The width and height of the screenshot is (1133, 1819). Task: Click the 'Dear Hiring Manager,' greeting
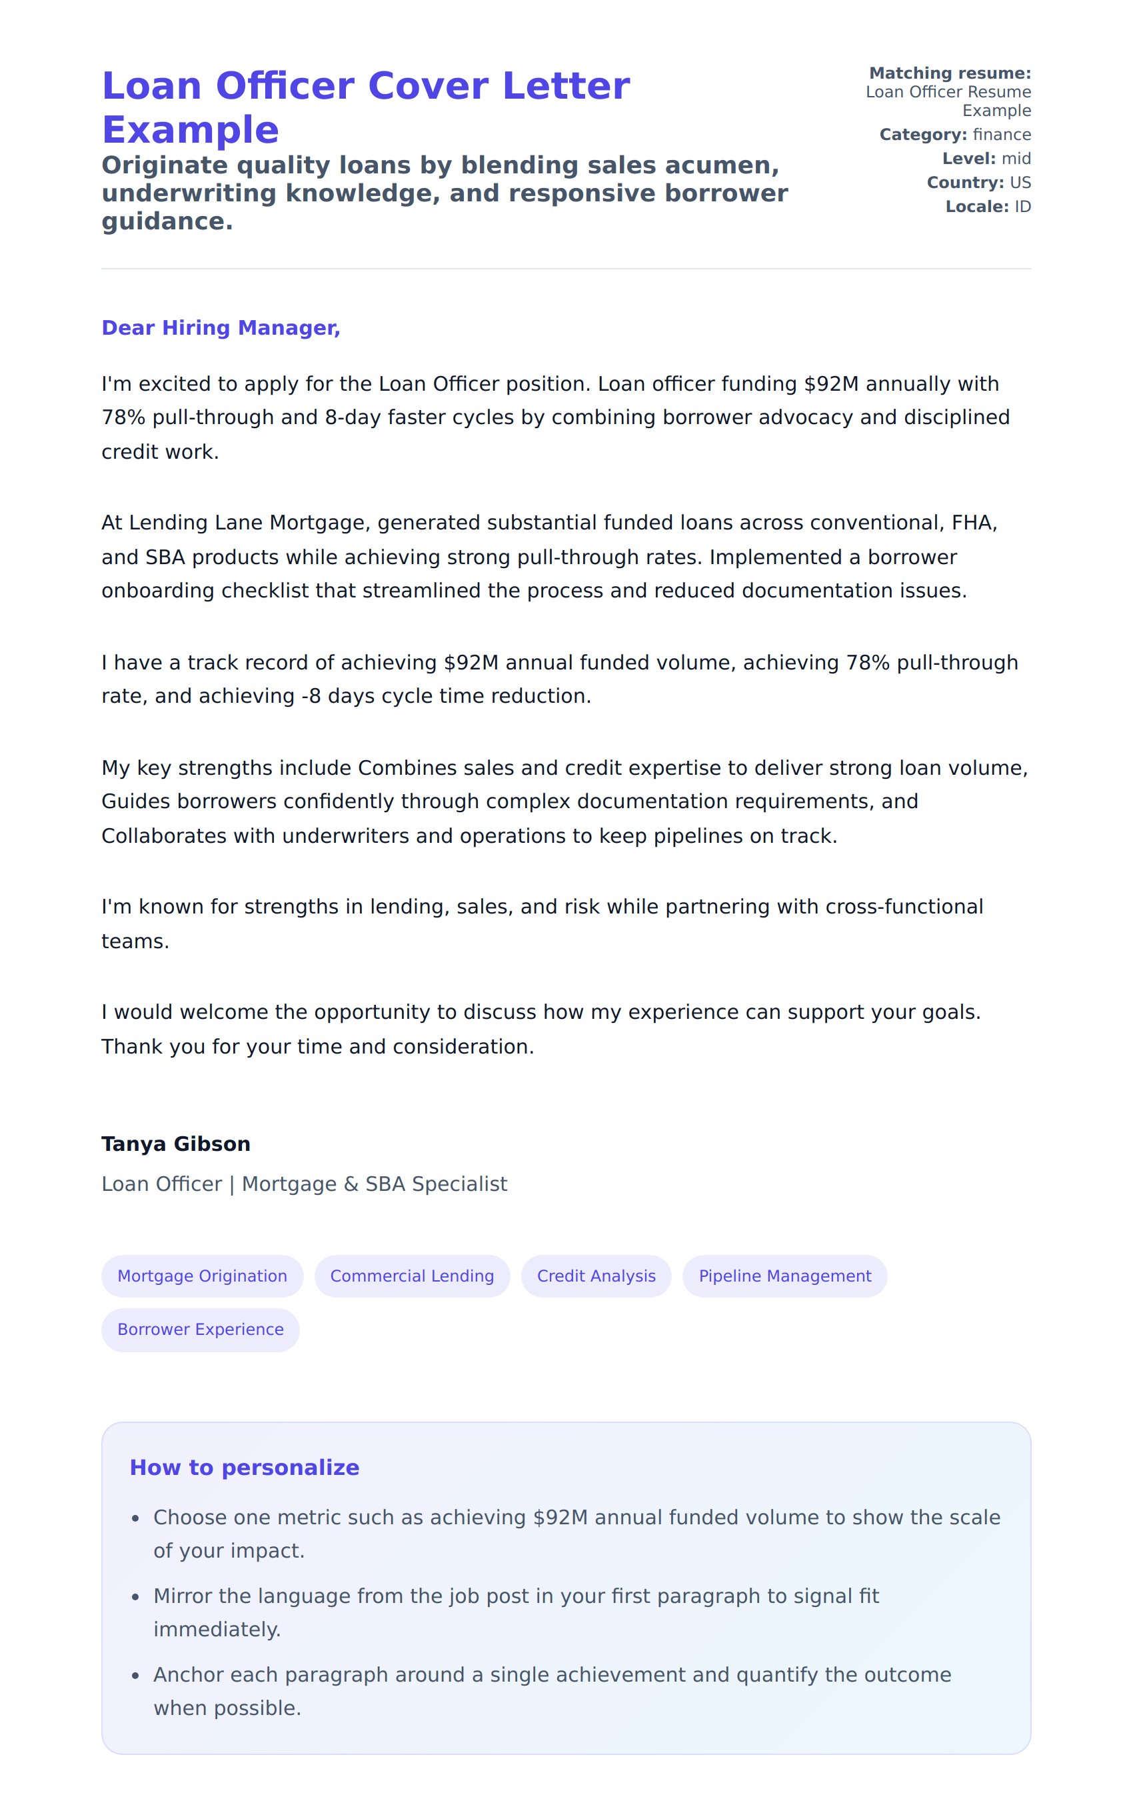pyautogui.click(x=221, y=327)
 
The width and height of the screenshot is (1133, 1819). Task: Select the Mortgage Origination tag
pyautogui.click(x=203, y=1276)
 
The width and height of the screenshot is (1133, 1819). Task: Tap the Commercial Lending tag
pyautogui.click(x=412, y=1276)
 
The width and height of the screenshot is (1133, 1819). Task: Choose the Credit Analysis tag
pyautogui.click(x=596, y=1276)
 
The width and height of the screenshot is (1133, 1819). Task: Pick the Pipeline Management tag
pyautogui.click(x=784, y=1276)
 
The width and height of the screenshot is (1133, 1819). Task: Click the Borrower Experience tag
pyautogui.click(x=200, y=1329)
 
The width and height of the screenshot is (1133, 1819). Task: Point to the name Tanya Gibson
pyautogui.click(x=176, y=1144)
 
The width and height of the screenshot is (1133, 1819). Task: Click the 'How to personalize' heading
pyautogui.click(x=245, y=1467)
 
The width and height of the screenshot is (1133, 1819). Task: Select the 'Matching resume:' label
pyautogui.click(x=950, y=73)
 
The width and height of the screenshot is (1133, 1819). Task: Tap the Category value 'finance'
pyautogui.click(x=1002, y=135)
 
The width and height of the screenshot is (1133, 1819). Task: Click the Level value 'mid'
pyautogui.click(x=1016, y=159)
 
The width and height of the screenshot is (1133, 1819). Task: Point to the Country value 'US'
pyautogui.click(x=1020, y=183)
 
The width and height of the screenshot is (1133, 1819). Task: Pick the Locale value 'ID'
pyautogui.click(x=1022, y=207)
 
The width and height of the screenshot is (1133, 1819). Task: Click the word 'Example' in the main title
pyautogui.click(x=191, y=131)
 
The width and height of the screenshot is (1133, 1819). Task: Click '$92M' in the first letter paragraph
pyautogui.click(x=831, y=383)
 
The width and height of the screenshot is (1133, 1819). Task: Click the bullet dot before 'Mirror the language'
pyautogui.click(x=136, y=1596)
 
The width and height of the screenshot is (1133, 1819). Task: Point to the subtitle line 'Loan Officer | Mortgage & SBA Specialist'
pyautogui.click(x=304, y=1184)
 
